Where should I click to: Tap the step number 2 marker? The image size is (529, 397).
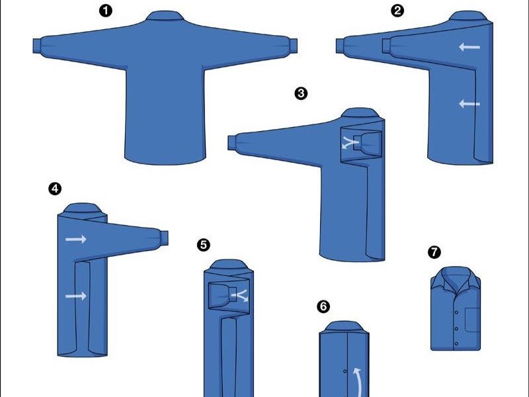(x=398, y=11)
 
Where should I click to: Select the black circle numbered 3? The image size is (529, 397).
(x=301, y=93)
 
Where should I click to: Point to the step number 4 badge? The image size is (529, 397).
(x=55, y=189)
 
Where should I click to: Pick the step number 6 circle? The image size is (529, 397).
(x=323, y=306)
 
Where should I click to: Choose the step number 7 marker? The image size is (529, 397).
(x=434, y=252)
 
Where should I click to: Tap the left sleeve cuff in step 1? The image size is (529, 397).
(x=37, y=45)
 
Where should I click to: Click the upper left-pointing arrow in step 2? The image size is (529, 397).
(x=469, y=47)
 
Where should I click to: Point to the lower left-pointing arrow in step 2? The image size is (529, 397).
(x=469, y=103)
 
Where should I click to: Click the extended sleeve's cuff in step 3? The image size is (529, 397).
(x=233, y=142)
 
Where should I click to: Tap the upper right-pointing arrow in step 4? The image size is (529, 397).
(x=76, y=239)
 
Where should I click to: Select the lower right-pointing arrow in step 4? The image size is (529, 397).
(x=76, y=296)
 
